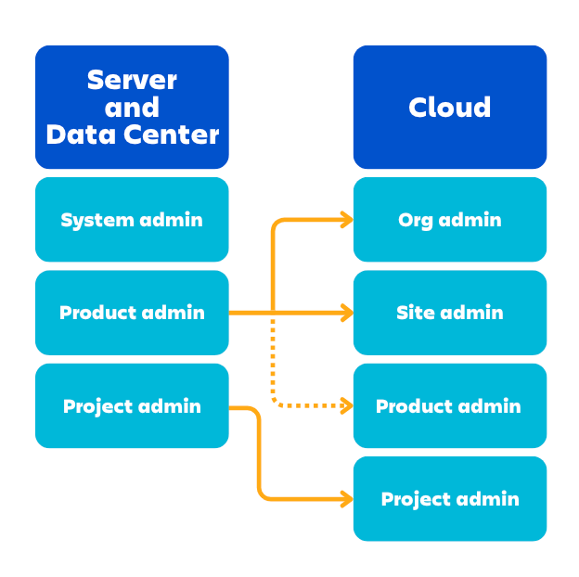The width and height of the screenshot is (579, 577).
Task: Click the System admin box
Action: (x=132, y=220)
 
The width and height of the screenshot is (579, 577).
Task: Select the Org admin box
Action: (x=450, y=220)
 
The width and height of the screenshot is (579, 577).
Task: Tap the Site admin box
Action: (x=450, y=313)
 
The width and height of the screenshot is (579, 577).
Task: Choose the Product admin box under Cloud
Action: (x=450, y=406)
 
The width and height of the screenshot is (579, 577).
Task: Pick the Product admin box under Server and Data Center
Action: (x=132, y=313)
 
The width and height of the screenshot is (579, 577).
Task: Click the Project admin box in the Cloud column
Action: (x=450, y=499)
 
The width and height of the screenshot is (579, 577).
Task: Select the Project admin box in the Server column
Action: (x=132, y=406)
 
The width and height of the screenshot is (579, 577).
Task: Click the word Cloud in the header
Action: (x=450, y=108)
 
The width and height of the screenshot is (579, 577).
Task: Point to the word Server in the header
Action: (x=132, y=80)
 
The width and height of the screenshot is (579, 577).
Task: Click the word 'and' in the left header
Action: (x=132, y=108)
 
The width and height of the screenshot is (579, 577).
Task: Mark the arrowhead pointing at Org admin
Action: (x=347, y=220)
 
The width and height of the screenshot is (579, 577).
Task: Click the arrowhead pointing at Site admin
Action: (x=347, y=314)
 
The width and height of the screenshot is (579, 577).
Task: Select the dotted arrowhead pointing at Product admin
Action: (x=347, y=405)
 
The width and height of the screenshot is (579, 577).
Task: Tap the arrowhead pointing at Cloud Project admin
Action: (x=347, y=499)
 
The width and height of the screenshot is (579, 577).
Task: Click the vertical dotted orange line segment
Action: (x=273, y=362)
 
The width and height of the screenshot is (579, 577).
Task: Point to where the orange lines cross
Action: (x=273, y=314)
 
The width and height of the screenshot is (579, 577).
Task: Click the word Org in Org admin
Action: (x=415, y=220)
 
